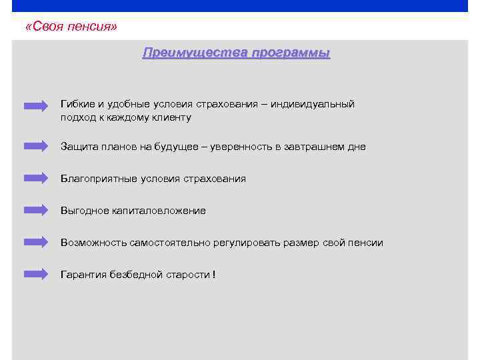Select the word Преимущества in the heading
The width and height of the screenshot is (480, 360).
pyautogui.click(x=194, y=53)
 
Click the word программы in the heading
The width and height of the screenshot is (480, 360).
pyautogui.click(x=291, y=53)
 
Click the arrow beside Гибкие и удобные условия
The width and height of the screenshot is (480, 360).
pyautogui.click(x=36, y=105)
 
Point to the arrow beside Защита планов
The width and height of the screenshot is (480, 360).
pyautogui.click(x=36, y=145)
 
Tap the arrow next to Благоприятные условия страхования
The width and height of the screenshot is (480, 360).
pyautogui.click(x=36, y=177)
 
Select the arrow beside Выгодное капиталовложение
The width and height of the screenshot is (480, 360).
pyautogui.click(x=36, y=209)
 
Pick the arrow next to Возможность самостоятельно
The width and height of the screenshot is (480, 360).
pyautogui.click(x=36, y=241)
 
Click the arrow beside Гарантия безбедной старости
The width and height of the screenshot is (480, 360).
pyautogui.click(x=36, y=273)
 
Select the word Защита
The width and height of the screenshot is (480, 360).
pyautogui.click(x=78, y=147)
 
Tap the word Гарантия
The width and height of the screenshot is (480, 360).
pyautogui.click(x=83, y=275)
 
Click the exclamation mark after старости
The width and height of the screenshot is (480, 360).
pyautogui.click(x=214, y=275)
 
